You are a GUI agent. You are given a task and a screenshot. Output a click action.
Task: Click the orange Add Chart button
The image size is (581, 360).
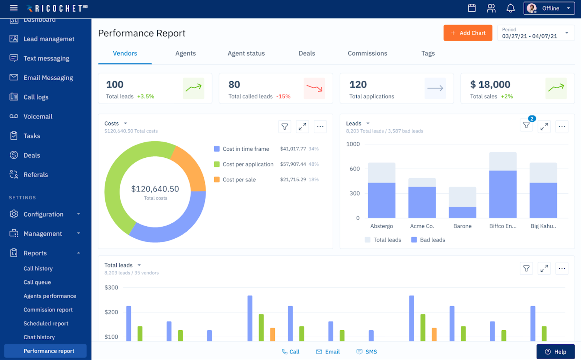(468, 33)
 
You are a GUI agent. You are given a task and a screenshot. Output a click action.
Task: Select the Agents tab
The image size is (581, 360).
(185, 53)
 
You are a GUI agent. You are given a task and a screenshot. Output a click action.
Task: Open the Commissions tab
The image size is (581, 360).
(367, 53)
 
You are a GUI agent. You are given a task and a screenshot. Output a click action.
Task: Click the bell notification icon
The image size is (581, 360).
(511, 8)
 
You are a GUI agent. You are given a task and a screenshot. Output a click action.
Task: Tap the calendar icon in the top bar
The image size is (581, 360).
(472, 8)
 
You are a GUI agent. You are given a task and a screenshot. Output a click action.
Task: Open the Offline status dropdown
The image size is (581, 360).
(549, 8)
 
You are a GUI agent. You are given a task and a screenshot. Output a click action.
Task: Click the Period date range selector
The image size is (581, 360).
(535, 33)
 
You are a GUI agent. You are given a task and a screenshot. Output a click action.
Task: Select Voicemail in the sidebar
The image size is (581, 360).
(38, 117)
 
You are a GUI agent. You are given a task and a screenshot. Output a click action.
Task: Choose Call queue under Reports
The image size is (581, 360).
(37, 282)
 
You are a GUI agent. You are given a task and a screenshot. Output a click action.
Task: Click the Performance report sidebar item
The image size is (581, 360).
(49, 351)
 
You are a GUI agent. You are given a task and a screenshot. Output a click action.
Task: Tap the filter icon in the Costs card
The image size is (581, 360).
(285, 126)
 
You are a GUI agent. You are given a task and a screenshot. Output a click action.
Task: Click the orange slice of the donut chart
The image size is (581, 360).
(189, 167)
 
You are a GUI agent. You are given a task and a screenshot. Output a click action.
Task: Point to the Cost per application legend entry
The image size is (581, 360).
(248, 164)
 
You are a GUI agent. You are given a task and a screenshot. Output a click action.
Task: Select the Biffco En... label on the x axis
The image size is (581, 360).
(503, 226)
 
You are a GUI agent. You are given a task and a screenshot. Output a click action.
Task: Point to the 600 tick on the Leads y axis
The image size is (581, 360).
(354, 169)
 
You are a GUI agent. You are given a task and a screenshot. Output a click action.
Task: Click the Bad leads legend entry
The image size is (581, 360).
(428, 240)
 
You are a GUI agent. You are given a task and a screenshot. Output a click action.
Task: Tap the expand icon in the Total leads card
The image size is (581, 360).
(544, 268)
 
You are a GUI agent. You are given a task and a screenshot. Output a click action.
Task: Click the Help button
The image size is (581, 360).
(555, 352)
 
